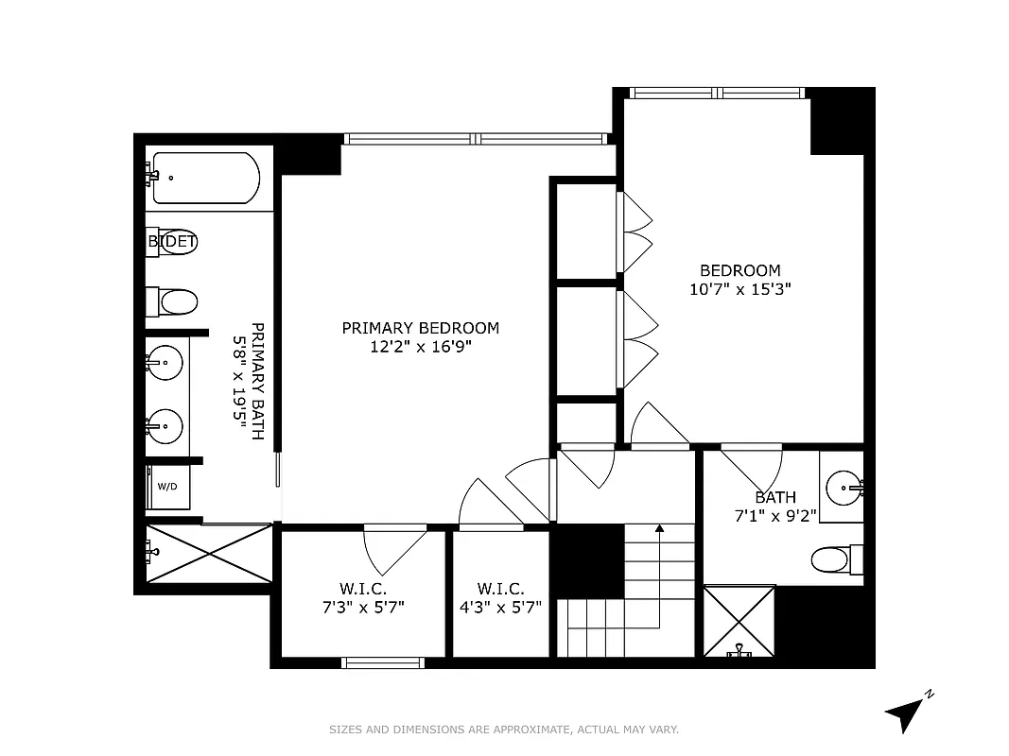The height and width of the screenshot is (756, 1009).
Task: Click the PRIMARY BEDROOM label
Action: (420, 328)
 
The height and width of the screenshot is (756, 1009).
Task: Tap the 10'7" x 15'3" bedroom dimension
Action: (739, 289)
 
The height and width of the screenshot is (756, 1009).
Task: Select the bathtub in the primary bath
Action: (205, 178)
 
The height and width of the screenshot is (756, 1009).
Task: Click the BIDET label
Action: (171, 242)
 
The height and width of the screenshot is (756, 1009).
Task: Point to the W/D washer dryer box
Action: (166, 487)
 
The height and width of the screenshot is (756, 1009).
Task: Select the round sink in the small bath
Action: (842, 488)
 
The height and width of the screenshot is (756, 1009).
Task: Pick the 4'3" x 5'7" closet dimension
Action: (500, 607)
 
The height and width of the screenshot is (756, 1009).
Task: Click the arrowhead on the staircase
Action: (660, 529)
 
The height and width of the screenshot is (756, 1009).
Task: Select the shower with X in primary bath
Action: (209, 554)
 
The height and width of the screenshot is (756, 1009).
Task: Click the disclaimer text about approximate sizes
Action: (504, 730)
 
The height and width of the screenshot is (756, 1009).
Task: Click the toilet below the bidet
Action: (176, 302)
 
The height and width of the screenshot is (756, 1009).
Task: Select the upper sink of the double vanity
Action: (165, 362)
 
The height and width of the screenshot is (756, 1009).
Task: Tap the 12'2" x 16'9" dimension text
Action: (420, 347)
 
